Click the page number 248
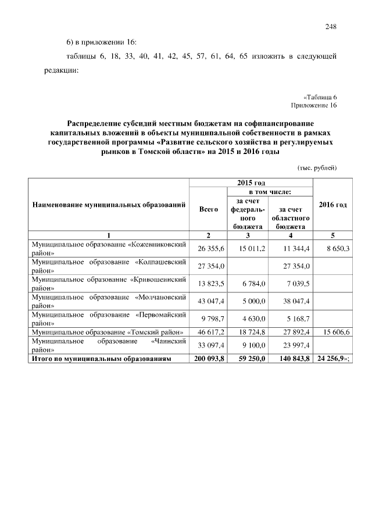pos(331,26)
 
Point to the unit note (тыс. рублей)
pos(317,168)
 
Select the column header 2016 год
pos(333,205)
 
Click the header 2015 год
pos(251,183)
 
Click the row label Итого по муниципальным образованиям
pos(102,359)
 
